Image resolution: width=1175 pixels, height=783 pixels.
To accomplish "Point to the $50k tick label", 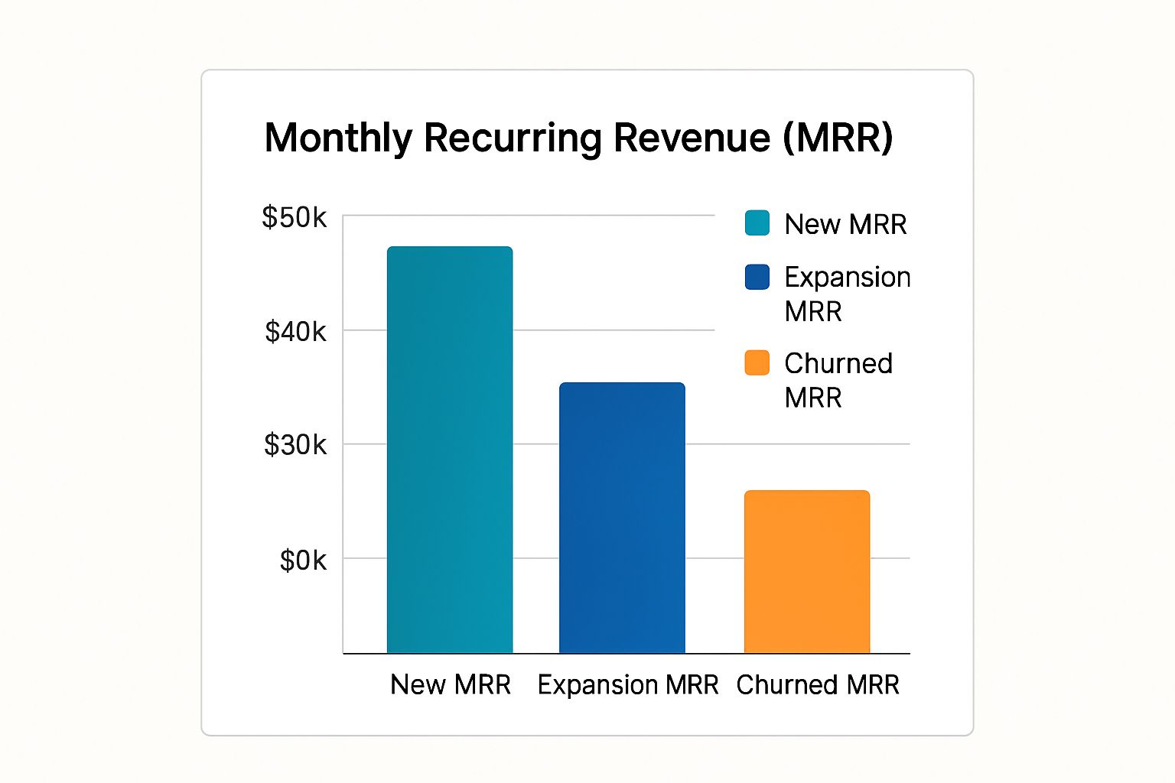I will (x=294, y=218).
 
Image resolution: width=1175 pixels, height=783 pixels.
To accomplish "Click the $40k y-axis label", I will (x=295, y=332).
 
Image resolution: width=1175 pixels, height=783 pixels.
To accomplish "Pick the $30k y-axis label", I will (x=295, y=444).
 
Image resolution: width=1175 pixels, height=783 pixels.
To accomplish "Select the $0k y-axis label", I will (x=303, y=560).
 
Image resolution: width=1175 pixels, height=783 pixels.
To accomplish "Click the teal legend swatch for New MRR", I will (x=757, y=223).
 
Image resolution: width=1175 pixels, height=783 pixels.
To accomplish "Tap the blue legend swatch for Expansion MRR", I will (x=757, y=277).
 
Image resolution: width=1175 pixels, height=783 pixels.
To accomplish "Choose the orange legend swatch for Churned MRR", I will (x=757, y=363).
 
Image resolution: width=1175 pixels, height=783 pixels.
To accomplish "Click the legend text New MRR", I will (x=845, y=224).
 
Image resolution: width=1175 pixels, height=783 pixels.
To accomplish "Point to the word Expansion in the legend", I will (x=848, y=277).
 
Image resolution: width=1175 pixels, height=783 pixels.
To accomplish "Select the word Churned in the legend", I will (x=838, y=363).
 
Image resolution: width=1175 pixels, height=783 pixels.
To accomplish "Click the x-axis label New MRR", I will (x=451, y=684).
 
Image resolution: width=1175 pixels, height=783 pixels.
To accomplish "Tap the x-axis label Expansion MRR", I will (x=628, y=684).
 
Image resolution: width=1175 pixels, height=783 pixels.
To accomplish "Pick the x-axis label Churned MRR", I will (x=818, y=684).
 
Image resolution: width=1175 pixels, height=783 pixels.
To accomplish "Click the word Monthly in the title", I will (x=338, y=138).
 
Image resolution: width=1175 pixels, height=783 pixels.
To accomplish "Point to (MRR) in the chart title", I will (x=838, y=138).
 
